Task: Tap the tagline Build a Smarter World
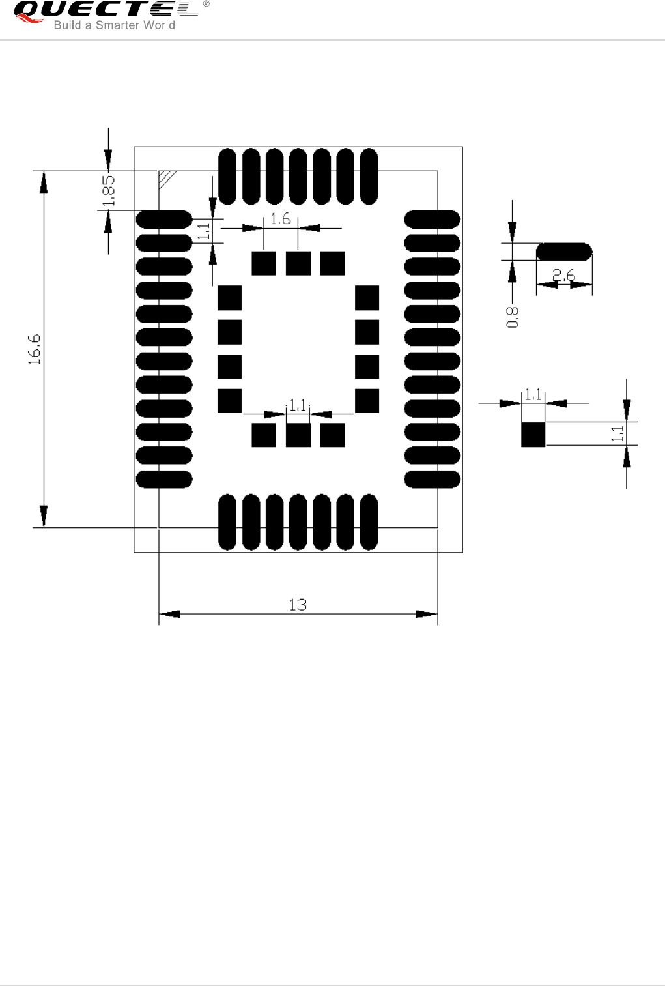(114, 25)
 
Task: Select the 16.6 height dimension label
(35, 349)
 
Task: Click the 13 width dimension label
(298, 605)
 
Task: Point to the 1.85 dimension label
(109, 190)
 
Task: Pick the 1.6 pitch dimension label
(281, 219)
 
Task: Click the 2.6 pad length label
(564, 276)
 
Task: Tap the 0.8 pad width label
(513, 317)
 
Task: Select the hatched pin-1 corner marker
(167, 178)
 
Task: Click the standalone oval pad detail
(564, 252)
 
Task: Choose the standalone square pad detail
(533, 434)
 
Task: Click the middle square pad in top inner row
(298, 263)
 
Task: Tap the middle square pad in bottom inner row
(298, 435)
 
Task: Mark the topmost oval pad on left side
(164, 220)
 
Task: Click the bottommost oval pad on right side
(432, 480)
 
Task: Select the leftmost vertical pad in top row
(227, 177)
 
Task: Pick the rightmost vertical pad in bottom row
(369, 522)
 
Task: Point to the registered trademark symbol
(206, 4)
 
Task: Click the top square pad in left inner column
(229, 298)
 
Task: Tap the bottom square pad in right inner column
(367, 401)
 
